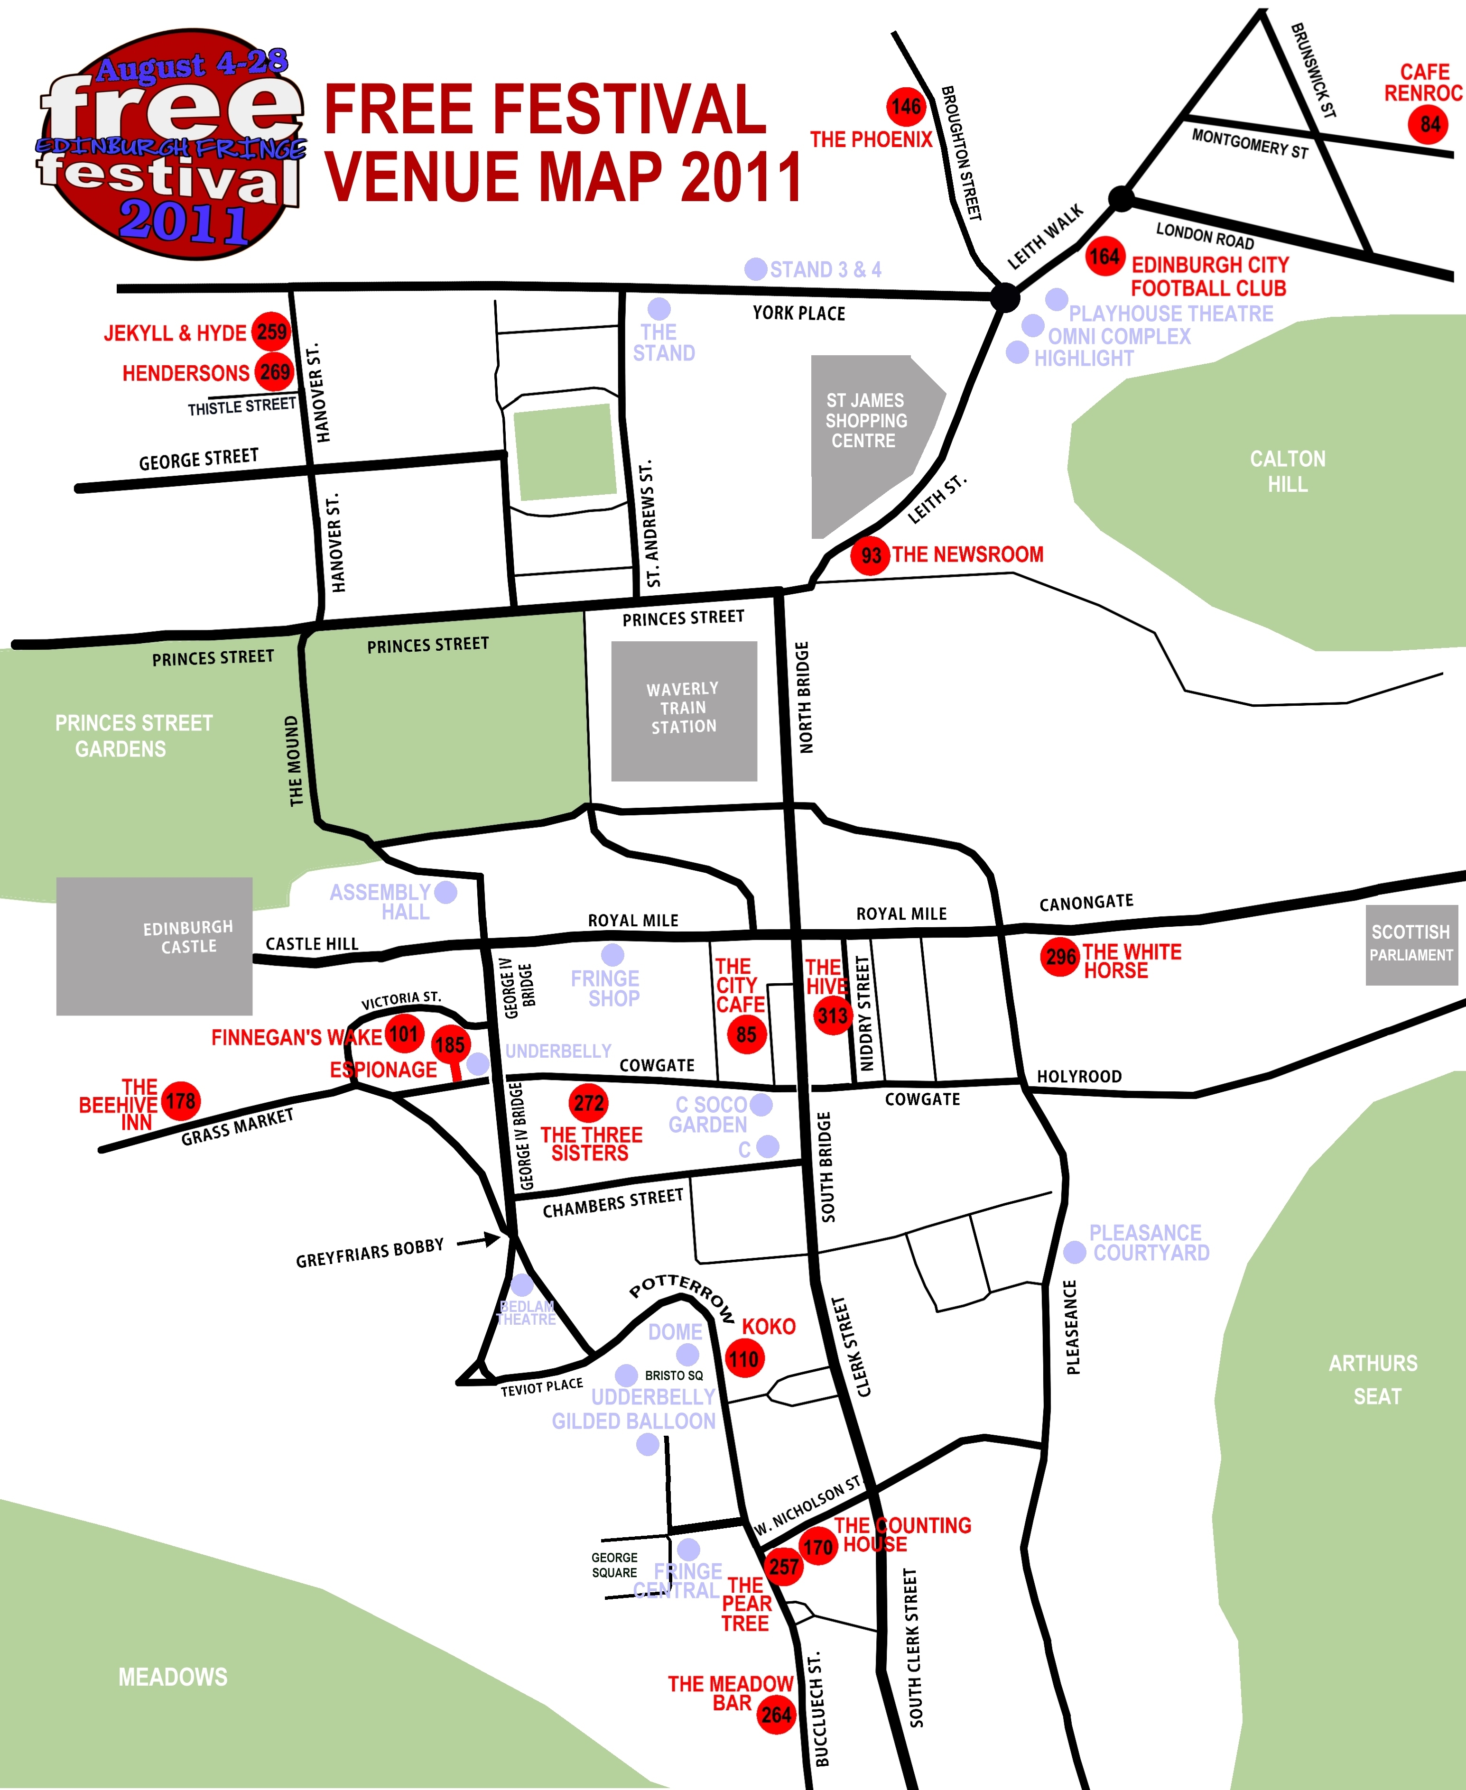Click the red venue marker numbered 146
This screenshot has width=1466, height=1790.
(905, 106)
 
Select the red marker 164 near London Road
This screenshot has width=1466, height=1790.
(1104, 257)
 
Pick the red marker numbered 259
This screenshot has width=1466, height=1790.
(271, 332)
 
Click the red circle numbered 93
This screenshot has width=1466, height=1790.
(870, 555)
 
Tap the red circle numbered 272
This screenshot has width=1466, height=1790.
(589, 1103)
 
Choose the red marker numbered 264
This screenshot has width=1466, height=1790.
(776, 1714)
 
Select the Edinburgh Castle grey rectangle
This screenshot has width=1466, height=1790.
(155, 946)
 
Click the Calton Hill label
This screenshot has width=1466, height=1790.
(1287, 471)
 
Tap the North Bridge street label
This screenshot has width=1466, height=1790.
(805, 697)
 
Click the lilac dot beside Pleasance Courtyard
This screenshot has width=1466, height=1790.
(1074, 1252)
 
